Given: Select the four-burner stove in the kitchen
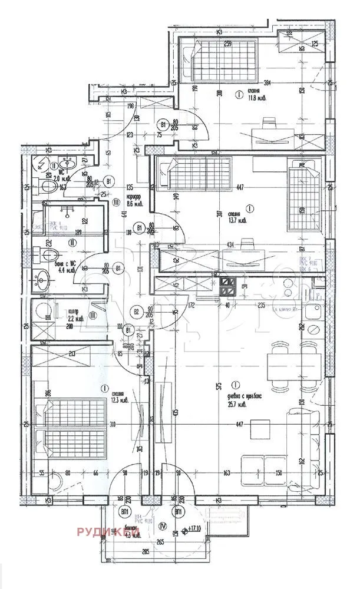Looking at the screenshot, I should tap(227, 287).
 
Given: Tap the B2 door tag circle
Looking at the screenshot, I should tap(137, 312).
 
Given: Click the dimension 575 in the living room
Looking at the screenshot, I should tap(218, 386).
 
